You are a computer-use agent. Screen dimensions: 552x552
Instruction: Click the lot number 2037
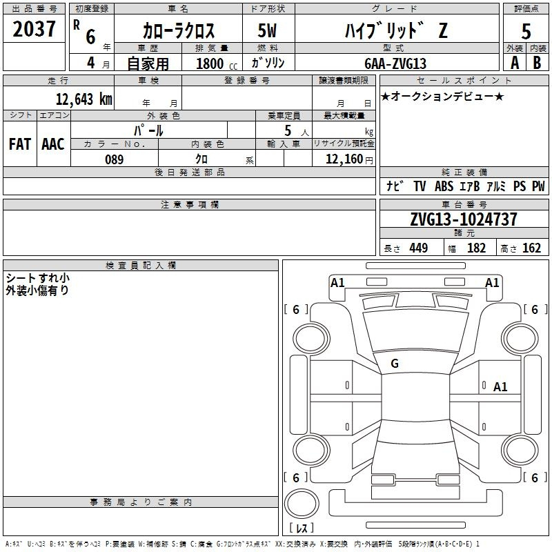[x=34, y=29]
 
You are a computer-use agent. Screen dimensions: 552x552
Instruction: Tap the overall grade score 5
[x=526, y=31]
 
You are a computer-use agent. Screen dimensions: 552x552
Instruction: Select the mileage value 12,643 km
[x=84, y=99]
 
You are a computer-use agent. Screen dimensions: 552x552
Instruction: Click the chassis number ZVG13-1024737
[x=464, y=219]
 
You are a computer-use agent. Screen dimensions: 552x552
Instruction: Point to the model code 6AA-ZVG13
[x=395, y=63]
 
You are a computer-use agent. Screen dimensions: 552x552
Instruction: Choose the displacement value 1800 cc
[x=217, y=63]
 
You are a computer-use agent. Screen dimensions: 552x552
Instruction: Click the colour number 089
[x=114, y=159]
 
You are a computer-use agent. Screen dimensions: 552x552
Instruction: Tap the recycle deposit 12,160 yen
[x=349, y=159]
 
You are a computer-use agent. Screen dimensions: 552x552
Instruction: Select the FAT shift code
[x=20, y=144]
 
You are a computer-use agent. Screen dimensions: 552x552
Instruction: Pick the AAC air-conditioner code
[x=53, y=144]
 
